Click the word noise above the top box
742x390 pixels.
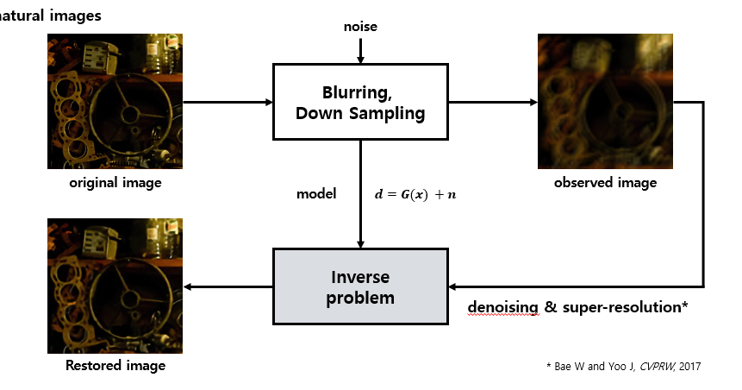tap(360, 27)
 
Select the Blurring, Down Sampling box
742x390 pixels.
tap(360, 103)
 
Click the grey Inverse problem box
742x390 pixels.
tap(360, 287)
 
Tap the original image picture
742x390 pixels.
tap(115, 101)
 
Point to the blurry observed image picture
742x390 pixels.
tap(605, 101)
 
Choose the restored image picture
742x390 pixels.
tap(115, 286)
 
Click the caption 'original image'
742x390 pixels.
tap(115, 183)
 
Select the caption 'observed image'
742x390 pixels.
tap(605, 183)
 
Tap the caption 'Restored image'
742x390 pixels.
tap(115, 366)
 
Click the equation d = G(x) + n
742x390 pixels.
tap(415, 193)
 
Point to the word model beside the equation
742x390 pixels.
tap(316, 193)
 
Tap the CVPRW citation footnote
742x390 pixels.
tap(624, 366)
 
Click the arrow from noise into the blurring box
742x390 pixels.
tap(360, 51)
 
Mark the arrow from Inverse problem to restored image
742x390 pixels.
tap(228, 287)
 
